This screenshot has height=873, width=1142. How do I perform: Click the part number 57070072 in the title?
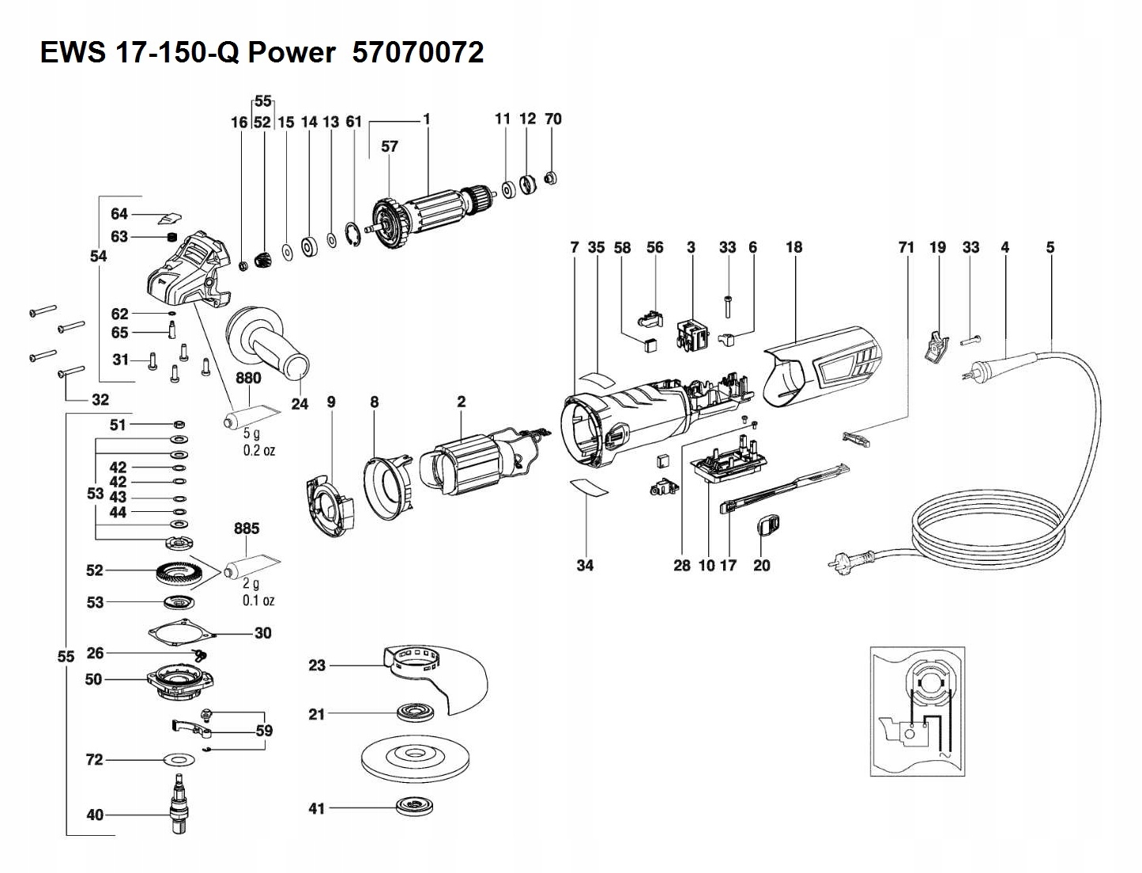pyautogui.click(x=417, y=53)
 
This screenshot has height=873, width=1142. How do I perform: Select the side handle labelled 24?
pyautogui.click(x=269, y=341)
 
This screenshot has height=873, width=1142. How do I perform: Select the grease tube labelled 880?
pyautogui.click(x=251, y=416)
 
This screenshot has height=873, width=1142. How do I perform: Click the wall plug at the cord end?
pyautogui.click(x=842, y=562)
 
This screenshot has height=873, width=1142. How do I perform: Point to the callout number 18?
pyautogui.click(x=793, y=247)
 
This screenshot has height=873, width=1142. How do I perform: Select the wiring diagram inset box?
pyautogui.click(x=917, y=712)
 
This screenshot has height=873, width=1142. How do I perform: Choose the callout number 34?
pyautogui.click(x=585, y=565)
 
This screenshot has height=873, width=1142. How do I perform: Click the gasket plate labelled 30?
pyautogui.click(x=181, y=633)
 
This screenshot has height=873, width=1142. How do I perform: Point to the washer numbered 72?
pyautogui.click(x=180, y=760)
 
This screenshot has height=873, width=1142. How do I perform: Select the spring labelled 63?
pyautogui.click(x=170, y=237)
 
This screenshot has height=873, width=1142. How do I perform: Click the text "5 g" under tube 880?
pyautogui.click(x=251, y=434)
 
